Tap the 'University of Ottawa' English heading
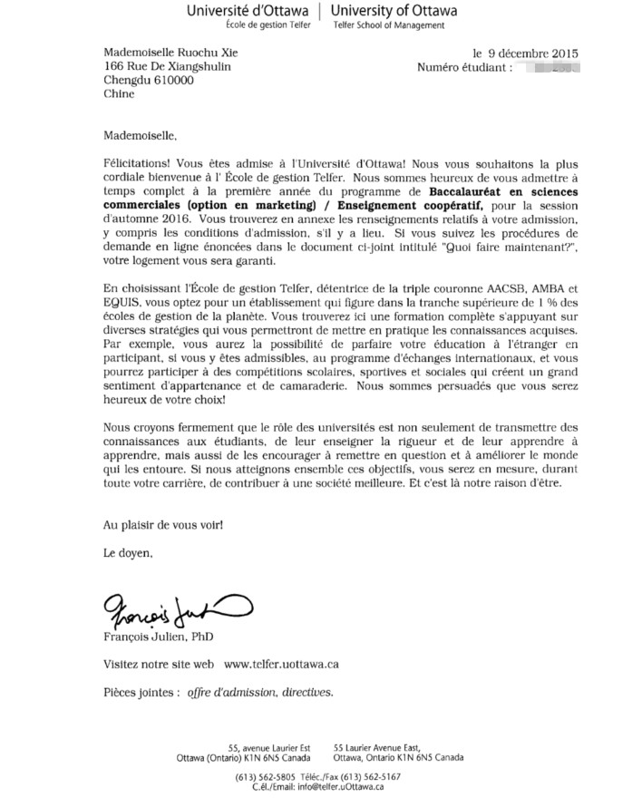click(x=394, y=11)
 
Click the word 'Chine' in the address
click(x=119, y=93)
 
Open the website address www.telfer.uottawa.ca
click(x=281, y=664)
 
